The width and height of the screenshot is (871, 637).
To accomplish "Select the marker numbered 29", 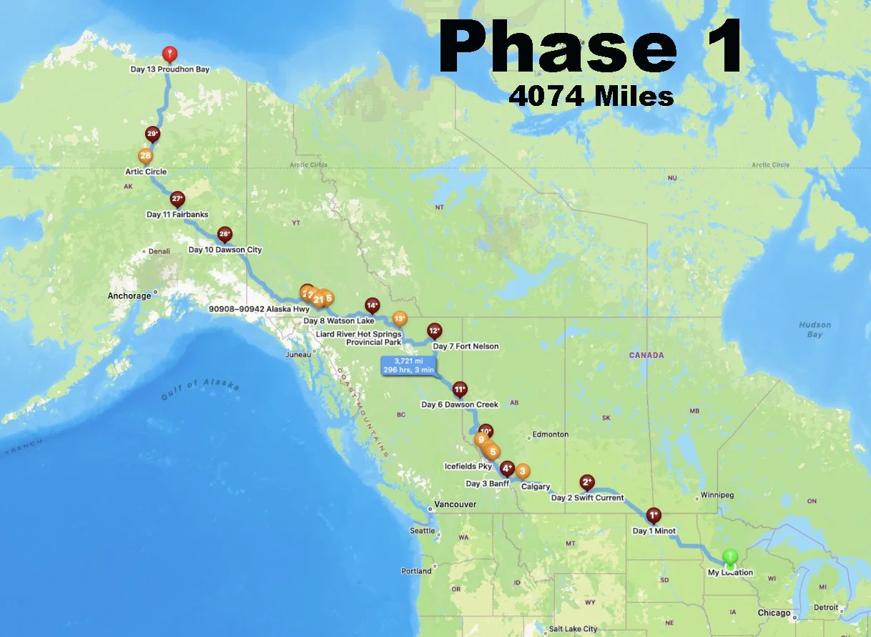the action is pos(152,135).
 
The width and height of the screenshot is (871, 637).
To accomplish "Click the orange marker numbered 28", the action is pos(145,156).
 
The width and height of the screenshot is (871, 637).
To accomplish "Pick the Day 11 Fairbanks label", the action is pos(177,214).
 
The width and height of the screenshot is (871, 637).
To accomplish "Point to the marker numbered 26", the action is pos(225,234).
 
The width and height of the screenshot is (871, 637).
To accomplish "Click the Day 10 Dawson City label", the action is pos(225,250).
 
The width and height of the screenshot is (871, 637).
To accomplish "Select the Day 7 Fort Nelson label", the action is pos(466,346).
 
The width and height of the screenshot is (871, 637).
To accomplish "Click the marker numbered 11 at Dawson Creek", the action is pos(460,389).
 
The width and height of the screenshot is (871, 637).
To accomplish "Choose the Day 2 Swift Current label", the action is pos(587,497).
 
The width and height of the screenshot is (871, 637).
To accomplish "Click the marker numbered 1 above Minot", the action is pos(653,515).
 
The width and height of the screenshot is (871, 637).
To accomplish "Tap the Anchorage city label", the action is pos(129,296).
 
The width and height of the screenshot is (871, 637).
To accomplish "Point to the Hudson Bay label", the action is pos(815,329).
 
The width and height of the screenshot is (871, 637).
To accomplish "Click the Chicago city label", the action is pos(775,613).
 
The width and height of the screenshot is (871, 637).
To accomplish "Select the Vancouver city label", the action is pos(456,505).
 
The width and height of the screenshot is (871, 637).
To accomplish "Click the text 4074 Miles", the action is pos(591,95).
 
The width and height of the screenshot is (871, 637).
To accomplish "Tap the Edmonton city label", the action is pos(550,434).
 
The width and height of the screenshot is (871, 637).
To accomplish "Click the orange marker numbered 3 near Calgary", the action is pos(523,471).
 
